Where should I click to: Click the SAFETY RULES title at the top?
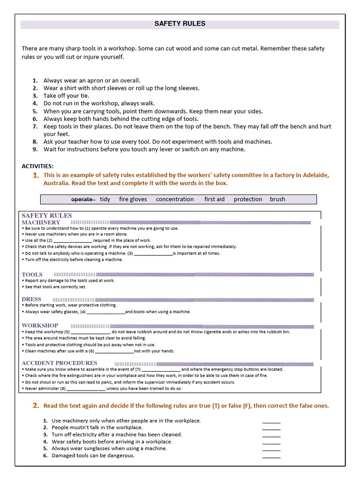[x=180, y=24]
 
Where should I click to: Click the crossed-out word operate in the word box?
[x=82, y=199]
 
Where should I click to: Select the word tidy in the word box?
[x=105, y=199]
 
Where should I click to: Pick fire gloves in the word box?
[x=133, y=199]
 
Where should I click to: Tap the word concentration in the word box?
[x=175, y=199]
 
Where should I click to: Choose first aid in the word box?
[x=214, y=199]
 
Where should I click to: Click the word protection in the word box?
[x=248, y=199]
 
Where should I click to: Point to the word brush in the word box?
[x=277, y=199]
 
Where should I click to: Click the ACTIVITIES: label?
[x=37, y=166]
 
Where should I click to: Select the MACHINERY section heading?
[x=41, y=222]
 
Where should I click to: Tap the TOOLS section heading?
[x=32, y=274]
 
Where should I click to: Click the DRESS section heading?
[x=31, y=299]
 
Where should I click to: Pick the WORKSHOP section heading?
[x=40, y=325]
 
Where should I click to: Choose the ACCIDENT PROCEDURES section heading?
[x=60, y=363]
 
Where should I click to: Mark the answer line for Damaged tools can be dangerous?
[x=271, y=456]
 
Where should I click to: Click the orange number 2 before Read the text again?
[x=36, y=405]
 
